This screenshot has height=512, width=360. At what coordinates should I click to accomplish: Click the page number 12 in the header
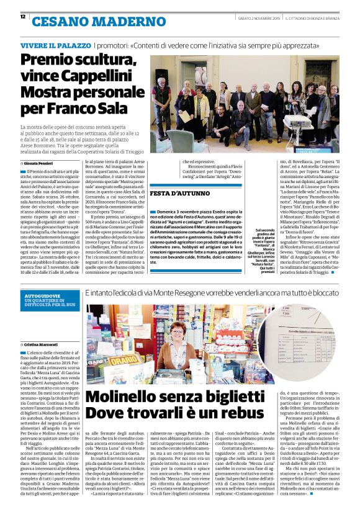(23, 17)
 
